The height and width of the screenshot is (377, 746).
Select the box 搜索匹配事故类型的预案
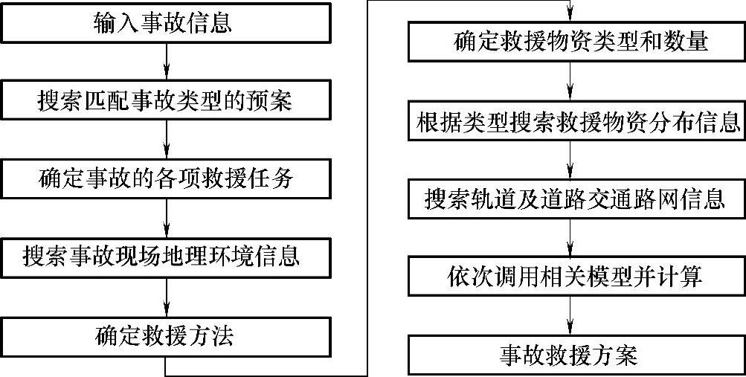coord(165,101)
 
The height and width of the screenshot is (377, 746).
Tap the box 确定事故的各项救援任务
coord(165,179)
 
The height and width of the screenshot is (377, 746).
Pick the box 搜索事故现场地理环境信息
coord(165,257)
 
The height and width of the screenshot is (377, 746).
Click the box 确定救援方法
coord(165,336)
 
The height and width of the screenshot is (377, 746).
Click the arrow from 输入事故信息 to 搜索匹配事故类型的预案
coord(166,62)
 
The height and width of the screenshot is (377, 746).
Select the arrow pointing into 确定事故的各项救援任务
coord(166,141)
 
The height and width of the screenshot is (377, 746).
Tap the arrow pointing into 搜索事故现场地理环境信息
coord(166,219)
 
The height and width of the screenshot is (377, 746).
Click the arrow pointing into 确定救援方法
coord(166,297)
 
